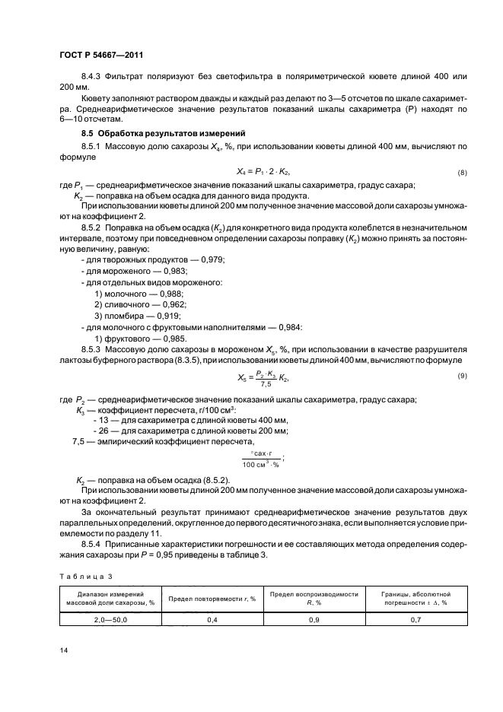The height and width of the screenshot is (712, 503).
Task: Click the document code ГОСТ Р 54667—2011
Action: [x=100, y=56]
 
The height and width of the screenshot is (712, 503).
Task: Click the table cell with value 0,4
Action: [x=211, y=618]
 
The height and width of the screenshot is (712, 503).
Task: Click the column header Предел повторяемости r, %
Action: [x=211, y=597]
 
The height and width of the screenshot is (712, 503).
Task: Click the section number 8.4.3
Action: [x=92, y=78]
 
